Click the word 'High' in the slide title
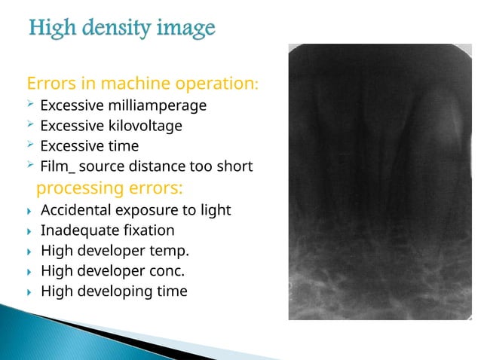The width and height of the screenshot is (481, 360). click(51, 29)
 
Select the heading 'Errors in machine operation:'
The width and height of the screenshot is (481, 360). click(142, 82)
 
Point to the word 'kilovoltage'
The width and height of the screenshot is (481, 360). click(145, 125)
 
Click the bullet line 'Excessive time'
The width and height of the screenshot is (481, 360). click(89, 146)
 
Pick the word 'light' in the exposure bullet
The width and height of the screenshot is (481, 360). click(215, 209)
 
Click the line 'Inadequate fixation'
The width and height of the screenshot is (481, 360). click(107, 230)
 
